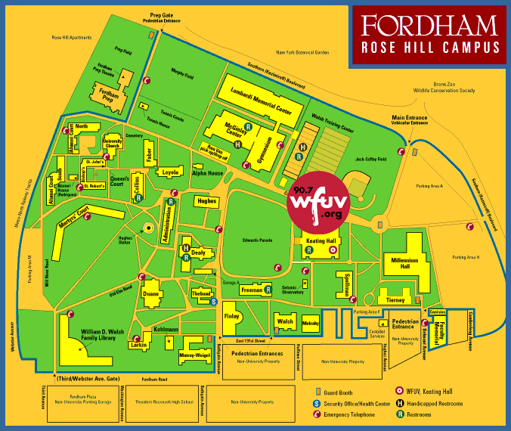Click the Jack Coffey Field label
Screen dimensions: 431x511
point(371,160)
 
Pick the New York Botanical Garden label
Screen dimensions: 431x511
point(302,52)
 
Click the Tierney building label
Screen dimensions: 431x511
point(395,299)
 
